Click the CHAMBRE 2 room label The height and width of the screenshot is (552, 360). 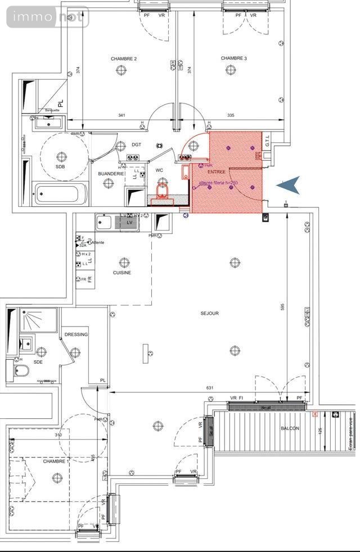tap(123, 58)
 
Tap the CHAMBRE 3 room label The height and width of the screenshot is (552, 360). tap(233, 58)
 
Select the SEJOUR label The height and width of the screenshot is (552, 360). tap(209, 313)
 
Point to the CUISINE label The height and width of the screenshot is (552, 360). tap(121, 273)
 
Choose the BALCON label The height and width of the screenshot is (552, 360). tap(290, 428)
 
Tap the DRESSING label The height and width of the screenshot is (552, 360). tap(76, 334)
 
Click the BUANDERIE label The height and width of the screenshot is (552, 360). tap(110, 174)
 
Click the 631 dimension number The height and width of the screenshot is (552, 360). tap(210, 387)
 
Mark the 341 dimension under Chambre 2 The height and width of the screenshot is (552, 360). tap(121, 116)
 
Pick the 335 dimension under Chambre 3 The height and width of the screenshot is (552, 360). tap(230, 116)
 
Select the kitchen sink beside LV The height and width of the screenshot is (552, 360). tap(105, 222)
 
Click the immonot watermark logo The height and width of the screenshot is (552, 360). tap(47, 17)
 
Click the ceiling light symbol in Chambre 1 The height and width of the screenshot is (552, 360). tap(56, 477)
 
